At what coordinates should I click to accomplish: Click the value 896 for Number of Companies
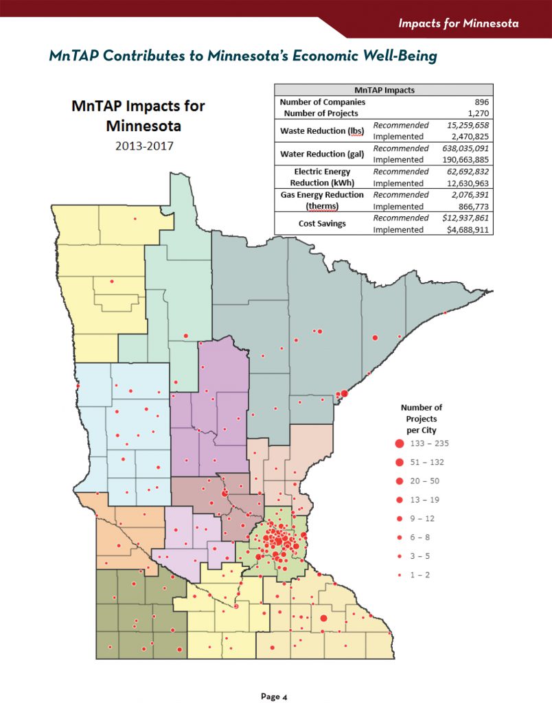point(481,102)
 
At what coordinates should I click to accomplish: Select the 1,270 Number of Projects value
point(477,113)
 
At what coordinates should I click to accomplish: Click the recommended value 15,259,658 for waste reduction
point(464,125)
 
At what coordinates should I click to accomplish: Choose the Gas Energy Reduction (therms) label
point(321,200)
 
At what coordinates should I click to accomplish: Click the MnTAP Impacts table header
point(384,90)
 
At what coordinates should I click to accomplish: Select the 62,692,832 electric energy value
point(465,172)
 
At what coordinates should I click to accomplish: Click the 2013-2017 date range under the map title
point(138,146)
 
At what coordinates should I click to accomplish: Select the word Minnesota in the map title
point(138,126)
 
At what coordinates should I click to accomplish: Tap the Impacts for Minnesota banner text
point(458,23)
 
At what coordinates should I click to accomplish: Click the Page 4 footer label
point(274,696)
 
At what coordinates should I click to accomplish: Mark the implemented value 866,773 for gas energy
point(470,207)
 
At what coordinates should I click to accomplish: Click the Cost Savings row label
point(321,224)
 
